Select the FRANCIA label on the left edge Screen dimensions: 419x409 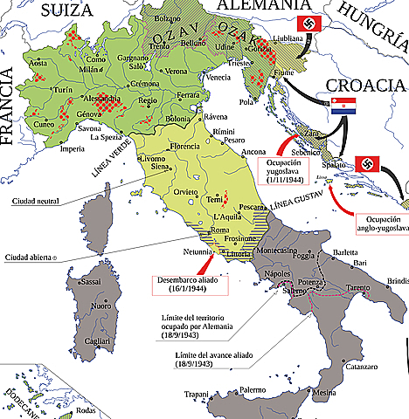tap(10, 113)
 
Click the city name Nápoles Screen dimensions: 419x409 tap(276, 274)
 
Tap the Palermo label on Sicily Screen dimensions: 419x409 tap(252, 389)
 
